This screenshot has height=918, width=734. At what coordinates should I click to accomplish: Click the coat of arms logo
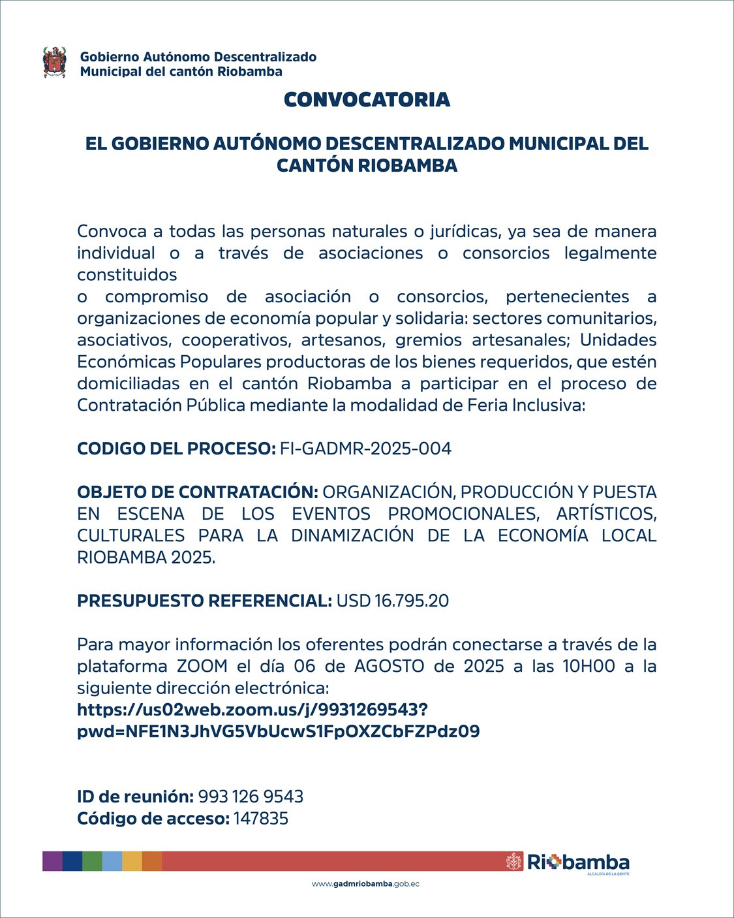tap(55, 63)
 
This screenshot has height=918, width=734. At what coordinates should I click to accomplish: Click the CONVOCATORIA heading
tap(367, 100)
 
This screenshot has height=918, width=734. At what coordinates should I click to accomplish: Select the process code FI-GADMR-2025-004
tap(365, 449)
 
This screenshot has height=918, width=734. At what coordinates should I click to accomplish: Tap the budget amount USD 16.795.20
tap(392, 601)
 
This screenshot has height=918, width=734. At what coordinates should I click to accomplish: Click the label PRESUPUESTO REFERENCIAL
tap(204, 601)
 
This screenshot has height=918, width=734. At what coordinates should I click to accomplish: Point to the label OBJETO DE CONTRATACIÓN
tap(197, 492)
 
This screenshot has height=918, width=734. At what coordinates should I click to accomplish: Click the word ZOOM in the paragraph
tap(202, 666)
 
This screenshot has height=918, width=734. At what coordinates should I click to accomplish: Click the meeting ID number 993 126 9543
tap(251, 797)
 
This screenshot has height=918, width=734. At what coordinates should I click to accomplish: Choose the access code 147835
tap(261, 819)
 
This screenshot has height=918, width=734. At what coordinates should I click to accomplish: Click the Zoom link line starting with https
tap(252, 710)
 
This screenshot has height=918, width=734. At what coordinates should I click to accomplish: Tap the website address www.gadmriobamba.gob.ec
tap(365, 884)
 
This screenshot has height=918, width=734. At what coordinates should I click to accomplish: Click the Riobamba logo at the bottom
tap(568, 863)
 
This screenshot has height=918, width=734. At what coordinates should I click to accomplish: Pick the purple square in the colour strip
tap(52, 861)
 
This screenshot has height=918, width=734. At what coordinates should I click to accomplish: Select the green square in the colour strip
tap(92, 861)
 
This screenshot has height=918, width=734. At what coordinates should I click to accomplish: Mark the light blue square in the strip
tap(112, 861)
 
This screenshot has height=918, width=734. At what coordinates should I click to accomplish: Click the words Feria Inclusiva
tap(526, 405)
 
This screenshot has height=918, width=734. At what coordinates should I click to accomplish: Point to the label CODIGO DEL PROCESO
tap(176, 449)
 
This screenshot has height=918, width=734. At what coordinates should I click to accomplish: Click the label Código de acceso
tap(153, 819)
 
